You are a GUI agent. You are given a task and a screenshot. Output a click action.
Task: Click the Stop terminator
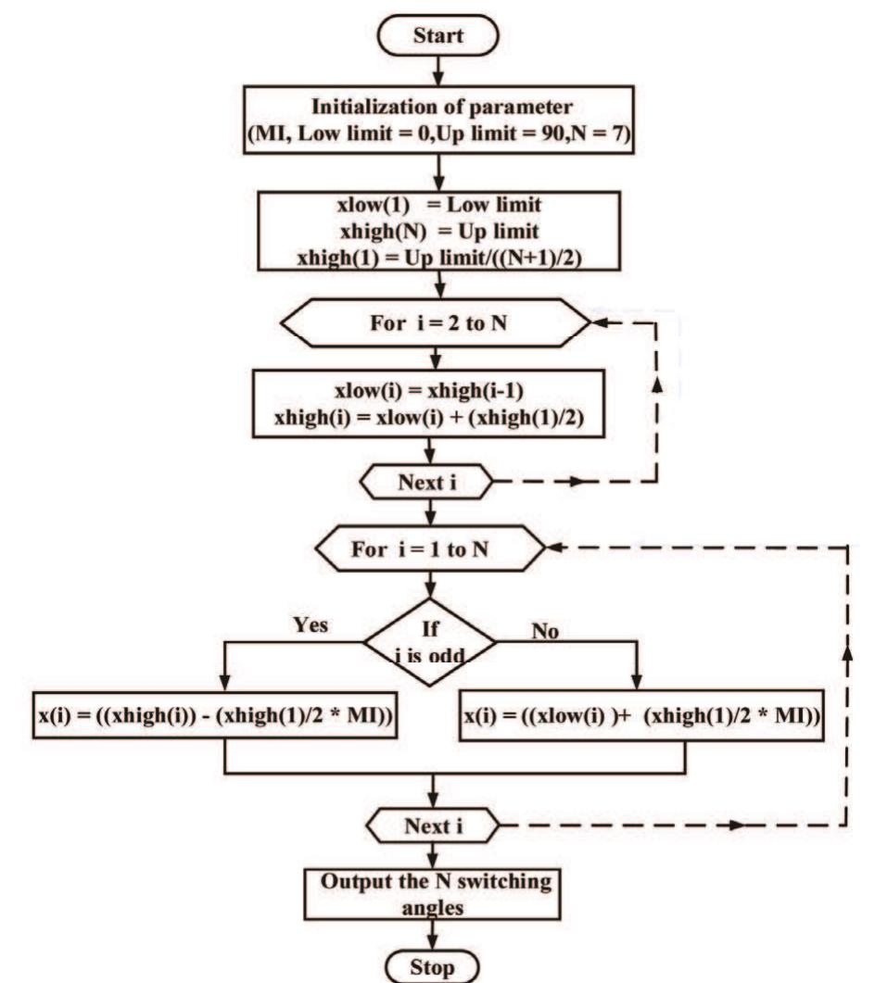pyautogui.click(x=434, y=965)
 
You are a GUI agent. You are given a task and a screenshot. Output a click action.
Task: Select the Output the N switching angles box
pyautogui.click(x=434, y=893)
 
